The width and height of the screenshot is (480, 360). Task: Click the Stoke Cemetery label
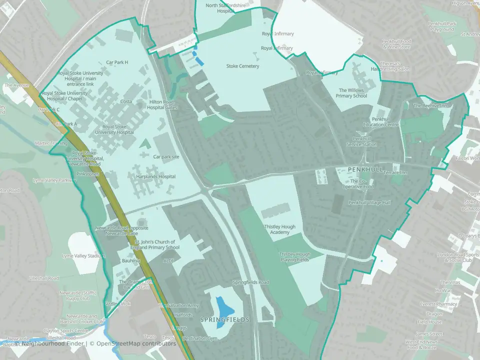coord(242,66)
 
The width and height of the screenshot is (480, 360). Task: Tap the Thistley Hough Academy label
coord(279,229)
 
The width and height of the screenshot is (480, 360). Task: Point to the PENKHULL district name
coord(366,170)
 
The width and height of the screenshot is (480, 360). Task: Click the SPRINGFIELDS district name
coord(224,319)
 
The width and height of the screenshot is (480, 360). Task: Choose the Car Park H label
coord(117,62)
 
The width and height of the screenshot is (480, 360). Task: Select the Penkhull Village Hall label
coord(369,202)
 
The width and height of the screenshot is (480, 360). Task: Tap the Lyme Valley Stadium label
coord(83,256)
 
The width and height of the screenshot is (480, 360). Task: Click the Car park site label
coord(167,156)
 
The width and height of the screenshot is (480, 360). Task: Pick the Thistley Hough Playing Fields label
coord(294,257)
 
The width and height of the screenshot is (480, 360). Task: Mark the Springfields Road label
coord(250,282)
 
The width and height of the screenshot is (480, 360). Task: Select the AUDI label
coord(168,260)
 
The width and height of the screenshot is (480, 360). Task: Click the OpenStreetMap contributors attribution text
coord(132,343)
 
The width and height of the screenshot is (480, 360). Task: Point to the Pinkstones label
coord(88,174)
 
